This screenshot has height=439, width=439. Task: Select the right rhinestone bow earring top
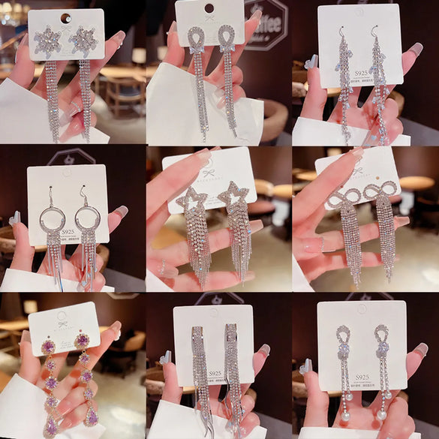point(380,193)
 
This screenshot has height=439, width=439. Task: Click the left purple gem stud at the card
point(49,346)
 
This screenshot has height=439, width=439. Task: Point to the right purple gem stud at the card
point(81,341)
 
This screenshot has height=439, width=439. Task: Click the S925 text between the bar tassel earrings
point(215,373)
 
